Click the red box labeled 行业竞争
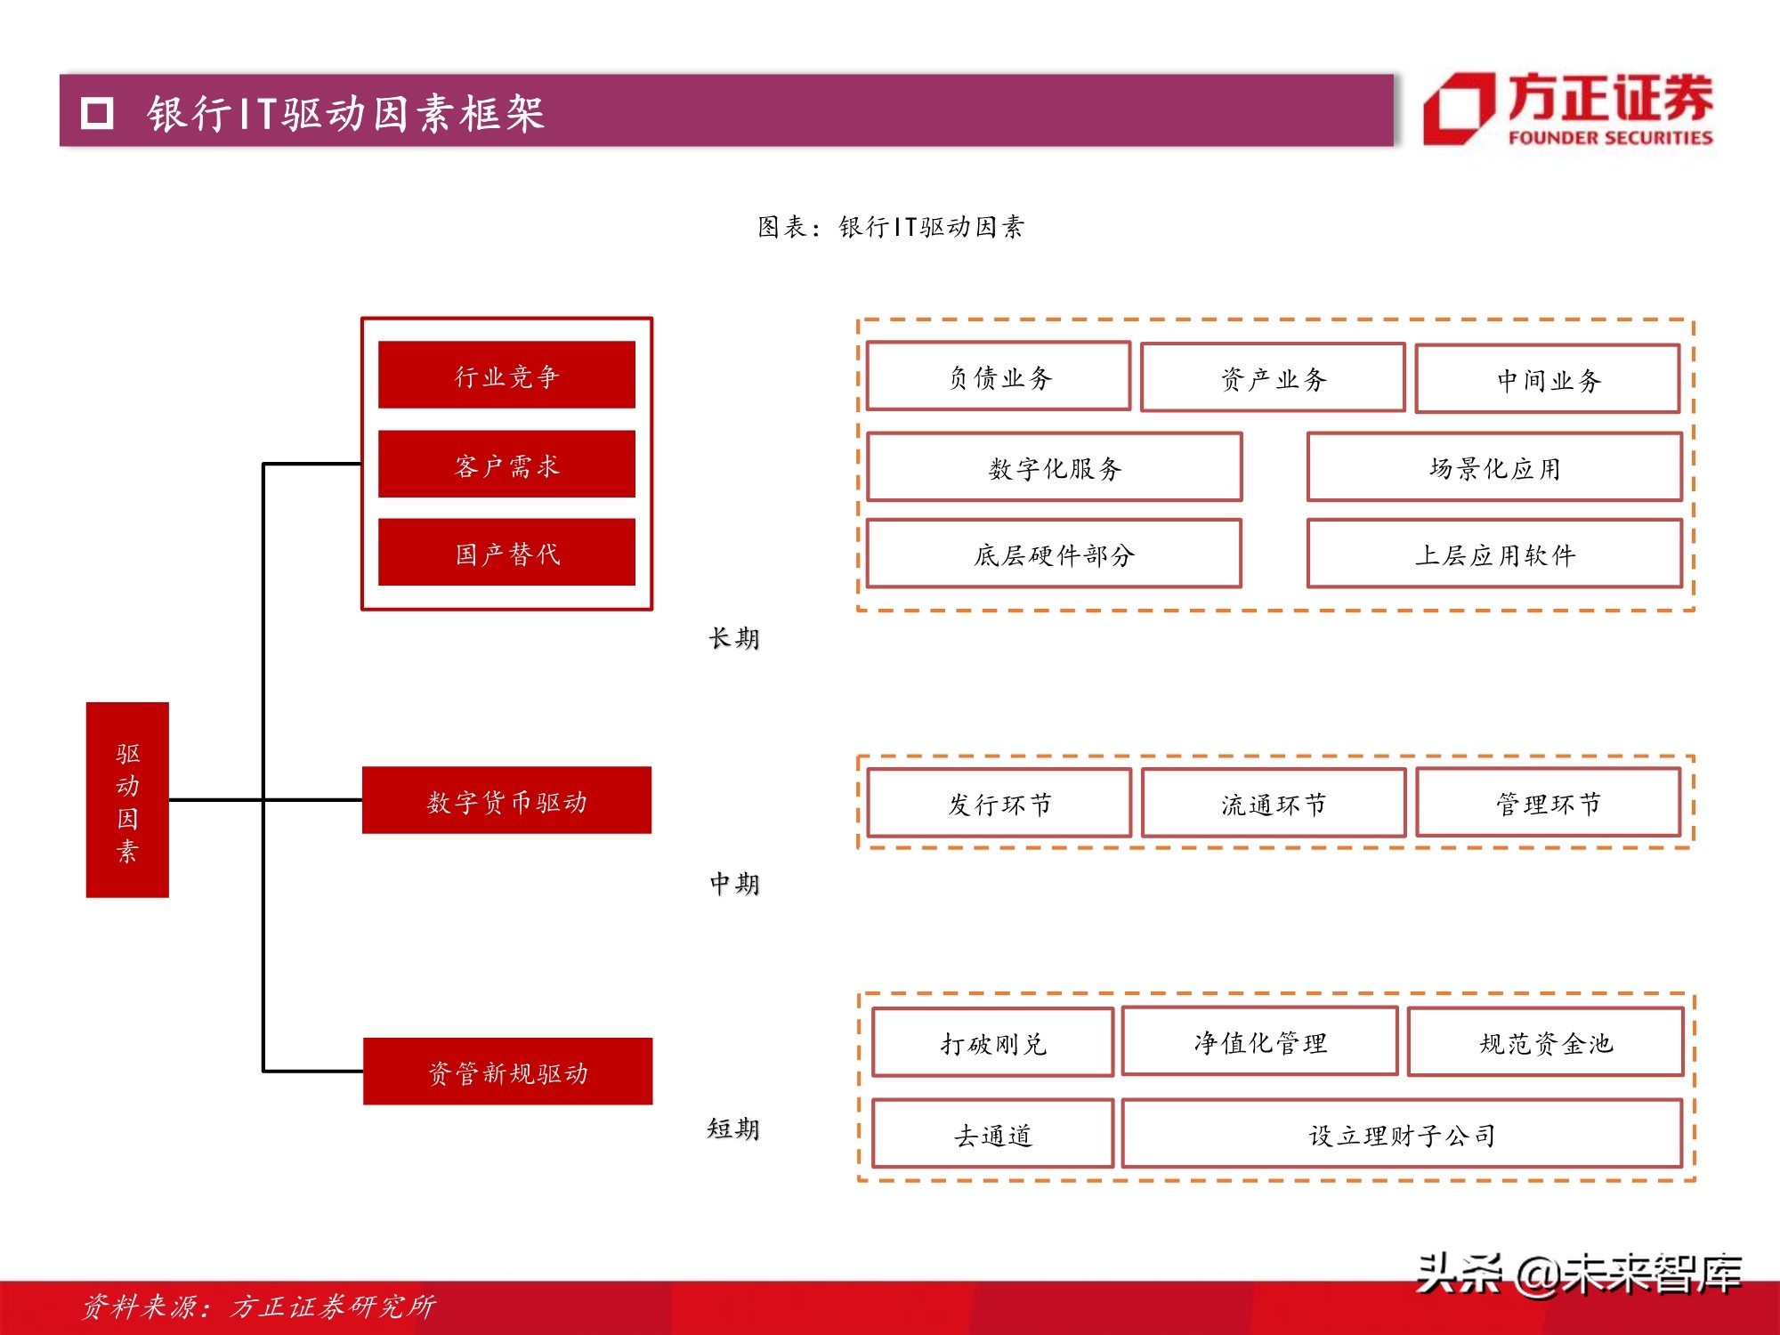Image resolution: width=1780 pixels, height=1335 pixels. (506, 375)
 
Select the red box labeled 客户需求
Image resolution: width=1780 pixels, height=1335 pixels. (506, 464)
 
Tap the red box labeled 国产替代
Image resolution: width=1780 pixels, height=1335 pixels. (506, 552)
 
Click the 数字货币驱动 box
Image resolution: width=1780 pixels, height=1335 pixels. (506, 800)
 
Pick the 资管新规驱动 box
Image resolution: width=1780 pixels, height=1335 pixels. (507, 1072)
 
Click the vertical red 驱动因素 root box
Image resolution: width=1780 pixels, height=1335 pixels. (127, 799)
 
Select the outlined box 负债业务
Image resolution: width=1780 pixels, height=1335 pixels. (999, 376)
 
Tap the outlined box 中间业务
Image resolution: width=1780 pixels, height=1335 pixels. (1548, 379)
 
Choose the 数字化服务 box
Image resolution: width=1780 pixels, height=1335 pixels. (1055, 467)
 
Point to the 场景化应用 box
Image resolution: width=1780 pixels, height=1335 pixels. (1494, 467)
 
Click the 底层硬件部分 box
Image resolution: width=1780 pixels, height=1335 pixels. (1054, 554)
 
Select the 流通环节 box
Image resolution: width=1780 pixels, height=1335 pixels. (1274, 804)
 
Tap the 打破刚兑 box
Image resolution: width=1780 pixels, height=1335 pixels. (992, 1042)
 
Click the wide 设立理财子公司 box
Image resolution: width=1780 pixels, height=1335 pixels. (1402, 1134)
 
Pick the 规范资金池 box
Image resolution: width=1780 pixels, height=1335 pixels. (1546, 1042)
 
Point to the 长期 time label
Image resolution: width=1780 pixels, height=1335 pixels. (734, 638)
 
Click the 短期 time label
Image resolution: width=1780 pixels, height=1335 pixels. (733, 1129)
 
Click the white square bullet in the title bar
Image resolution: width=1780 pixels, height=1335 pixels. (97, 113)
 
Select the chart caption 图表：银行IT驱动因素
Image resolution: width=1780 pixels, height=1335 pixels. (891, 227)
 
